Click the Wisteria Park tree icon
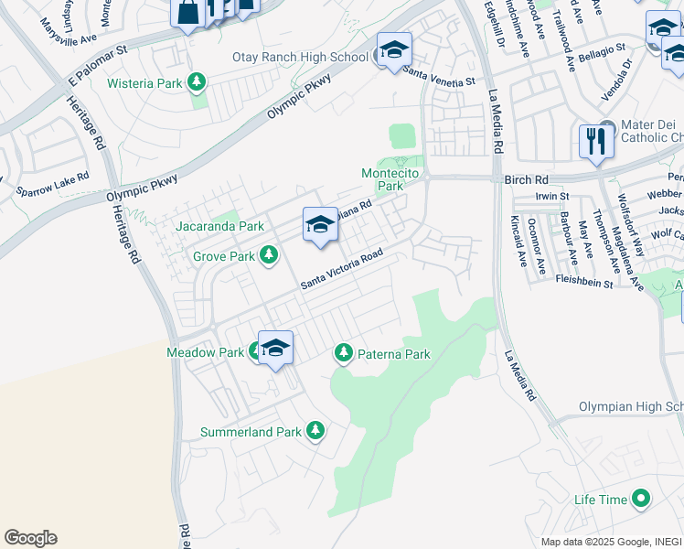tap(196, 83)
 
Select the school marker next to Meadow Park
tap(275, 348)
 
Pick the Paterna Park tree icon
tap(344, 352)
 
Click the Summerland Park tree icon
tap(315, 430)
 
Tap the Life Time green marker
tap(641, 500)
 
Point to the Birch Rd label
tap(525, 180)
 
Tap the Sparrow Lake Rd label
tap(52, 184)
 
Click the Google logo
tap(30, 538)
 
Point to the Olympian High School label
tap(630, 407)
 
